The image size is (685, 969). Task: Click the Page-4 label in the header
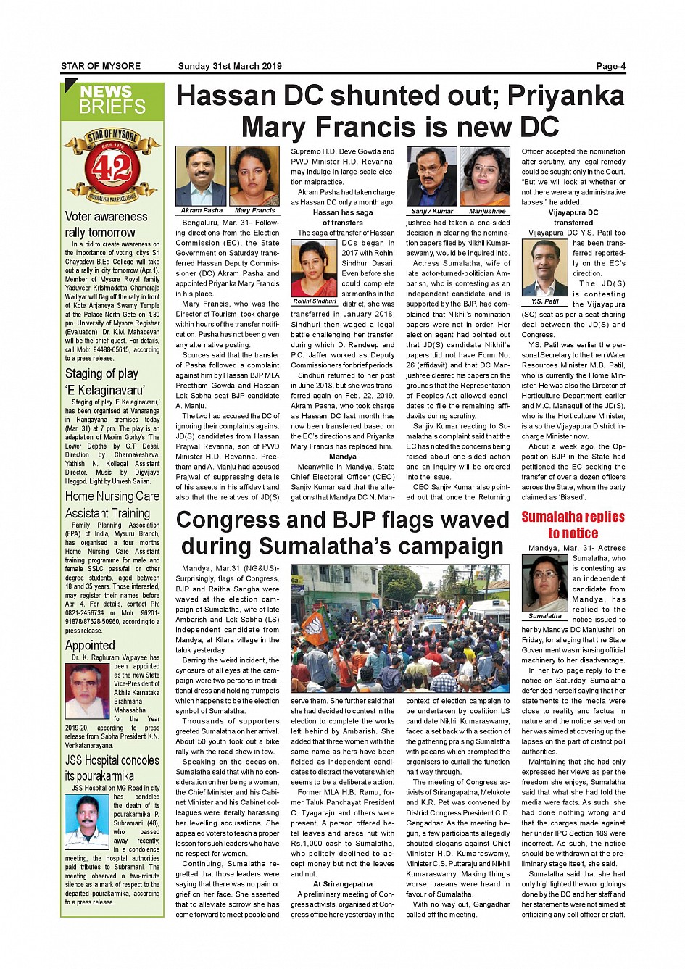tap(610, 66)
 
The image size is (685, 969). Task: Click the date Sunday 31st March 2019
tap(230, 66)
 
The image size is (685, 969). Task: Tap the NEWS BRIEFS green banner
tap(112, 99)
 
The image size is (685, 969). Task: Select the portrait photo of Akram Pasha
tap(201, 176)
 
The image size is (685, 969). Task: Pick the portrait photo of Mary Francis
tap(254, 176)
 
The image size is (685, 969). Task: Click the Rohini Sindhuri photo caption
tap(314, 301)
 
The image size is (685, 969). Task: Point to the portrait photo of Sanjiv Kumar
tap(432, 176)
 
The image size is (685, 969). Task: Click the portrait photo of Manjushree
tap(486, 176)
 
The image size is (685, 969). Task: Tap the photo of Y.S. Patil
tap(545, 267)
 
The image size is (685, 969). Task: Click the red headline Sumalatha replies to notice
tap(573, 525)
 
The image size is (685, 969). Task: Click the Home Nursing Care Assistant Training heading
tap(112, 504)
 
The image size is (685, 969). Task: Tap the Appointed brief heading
tap(90, 645)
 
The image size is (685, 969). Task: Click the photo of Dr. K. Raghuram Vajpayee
tap(87, 691)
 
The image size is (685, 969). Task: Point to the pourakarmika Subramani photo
tap(87, 822)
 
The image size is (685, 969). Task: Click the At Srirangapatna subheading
tap(343, 884)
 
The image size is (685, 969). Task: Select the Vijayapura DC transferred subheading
tap(573, 217)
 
